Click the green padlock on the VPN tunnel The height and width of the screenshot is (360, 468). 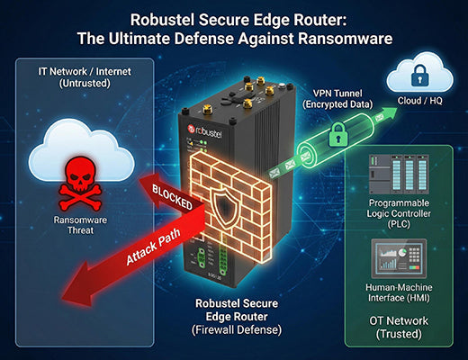[336, 137]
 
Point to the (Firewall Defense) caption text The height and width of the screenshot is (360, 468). [237, 329]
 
